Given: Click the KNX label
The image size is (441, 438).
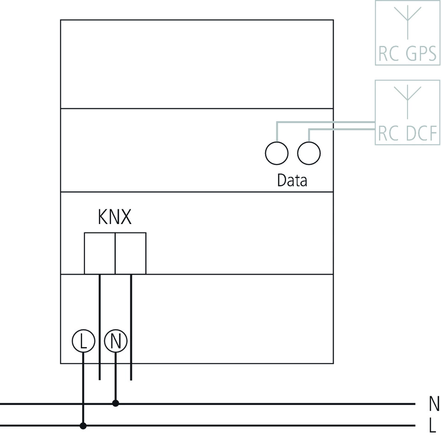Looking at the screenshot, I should (x=115, y=217).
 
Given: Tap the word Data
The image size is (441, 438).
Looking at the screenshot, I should (x=292, y=180).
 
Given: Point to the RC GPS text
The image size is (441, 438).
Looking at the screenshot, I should (x=407, y=54).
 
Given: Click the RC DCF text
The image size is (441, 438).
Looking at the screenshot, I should (x=407, y=134).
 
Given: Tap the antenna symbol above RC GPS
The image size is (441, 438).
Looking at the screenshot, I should (x=407, y=21).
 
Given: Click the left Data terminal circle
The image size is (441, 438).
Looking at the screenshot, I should (x=277, y=153).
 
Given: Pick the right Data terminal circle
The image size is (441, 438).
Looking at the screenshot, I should (x=309, y=153).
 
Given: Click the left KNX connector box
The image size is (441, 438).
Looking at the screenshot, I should (x=99, y=253).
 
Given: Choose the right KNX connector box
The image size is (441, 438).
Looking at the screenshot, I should (x=130, y=253).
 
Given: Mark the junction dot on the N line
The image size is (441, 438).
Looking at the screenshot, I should (x=116, y=404).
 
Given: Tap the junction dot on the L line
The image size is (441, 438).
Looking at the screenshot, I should (x=83, y=426).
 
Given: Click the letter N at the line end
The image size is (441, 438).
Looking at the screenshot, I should (x=434, y=404).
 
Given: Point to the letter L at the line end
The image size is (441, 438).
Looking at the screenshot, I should (x=432, y=426).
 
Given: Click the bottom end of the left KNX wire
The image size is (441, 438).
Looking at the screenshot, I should (x=100, y=379).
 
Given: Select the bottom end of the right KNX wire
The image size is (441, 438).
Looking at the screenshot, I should (x=131, y=379).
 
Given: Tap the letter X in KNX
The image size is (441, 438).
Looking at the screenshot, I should (x=126, y=217).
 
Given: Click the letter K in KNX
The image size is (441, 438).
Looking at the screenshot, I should (x=103, y=217).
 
